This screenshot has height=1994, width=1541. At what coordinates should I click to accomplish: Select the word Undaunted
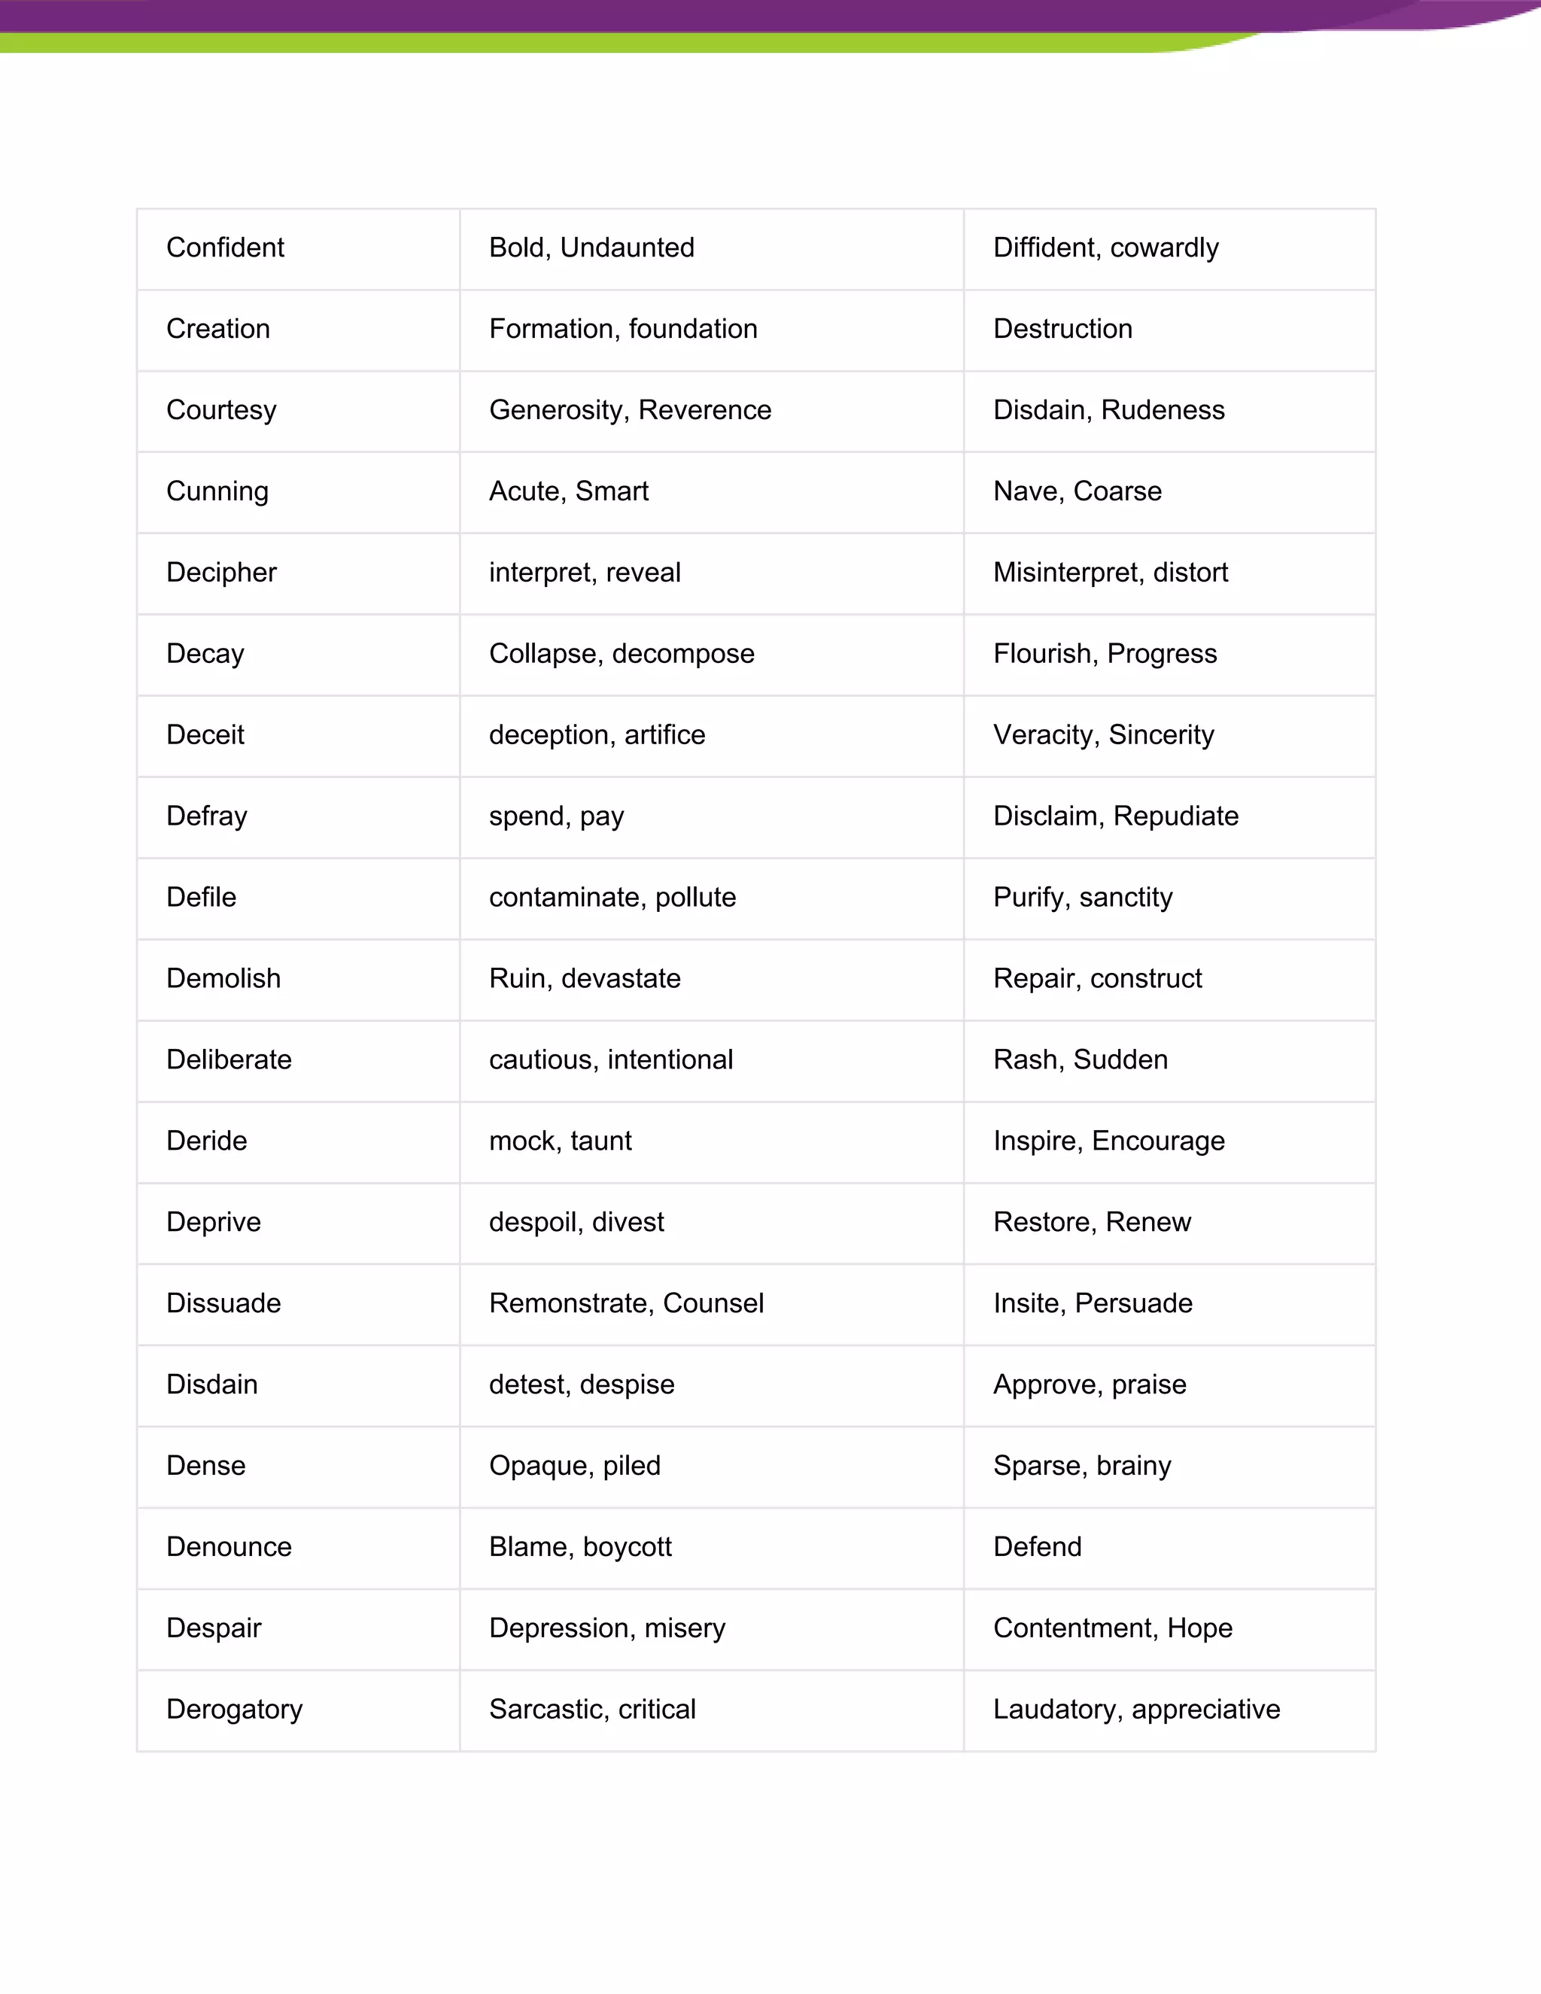[x=628, y=248]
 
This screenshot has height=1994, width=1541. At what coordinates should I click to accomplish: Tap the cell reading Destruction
[x=1062, y=329]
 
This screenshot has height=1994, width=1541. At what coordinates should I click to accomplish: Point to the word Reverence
[x=705, y=410]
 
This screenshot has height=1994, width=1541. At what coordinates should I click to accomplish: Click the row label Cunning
[x=217, y=491]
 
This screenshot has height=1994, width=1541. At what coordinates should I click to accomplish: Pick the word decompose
[x=683, y=654]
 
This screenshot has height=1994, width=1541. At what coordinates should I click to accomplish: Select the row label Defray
[x=206, y=816]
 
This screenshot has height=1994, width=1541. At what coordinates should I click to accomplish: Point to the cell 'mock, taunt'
[x=560, y=1141]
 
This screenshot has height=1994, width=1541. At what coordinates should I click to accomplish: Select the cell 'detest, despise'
[x=582, y=1385]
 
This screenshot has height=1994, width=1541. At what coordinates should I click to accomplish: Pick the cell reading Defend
[x=1037, y=1548]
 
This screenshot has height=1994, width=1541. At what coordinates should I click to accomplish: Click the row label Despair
[x=214, y=1629]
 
